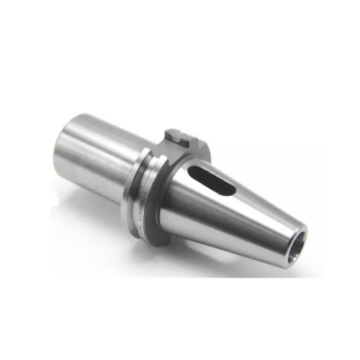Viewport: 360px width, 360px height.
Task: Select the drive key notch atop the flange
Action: click(x=181, y=135)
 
